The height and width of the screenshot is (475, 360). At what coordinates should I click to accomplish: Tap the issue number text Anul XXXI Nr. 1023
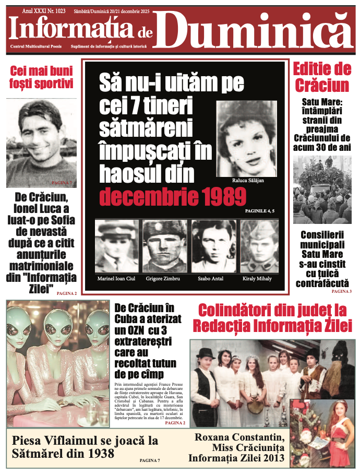point(44,10)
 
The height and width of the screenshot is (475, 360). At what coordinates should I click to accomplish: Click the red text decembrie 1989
point(172,197)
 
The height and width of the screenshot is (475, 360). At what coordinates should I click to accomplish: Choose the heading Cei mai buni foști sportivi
point(41,77)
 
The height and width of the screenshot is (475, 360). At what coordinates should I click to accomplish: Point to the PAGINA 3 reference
point(341,291)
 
